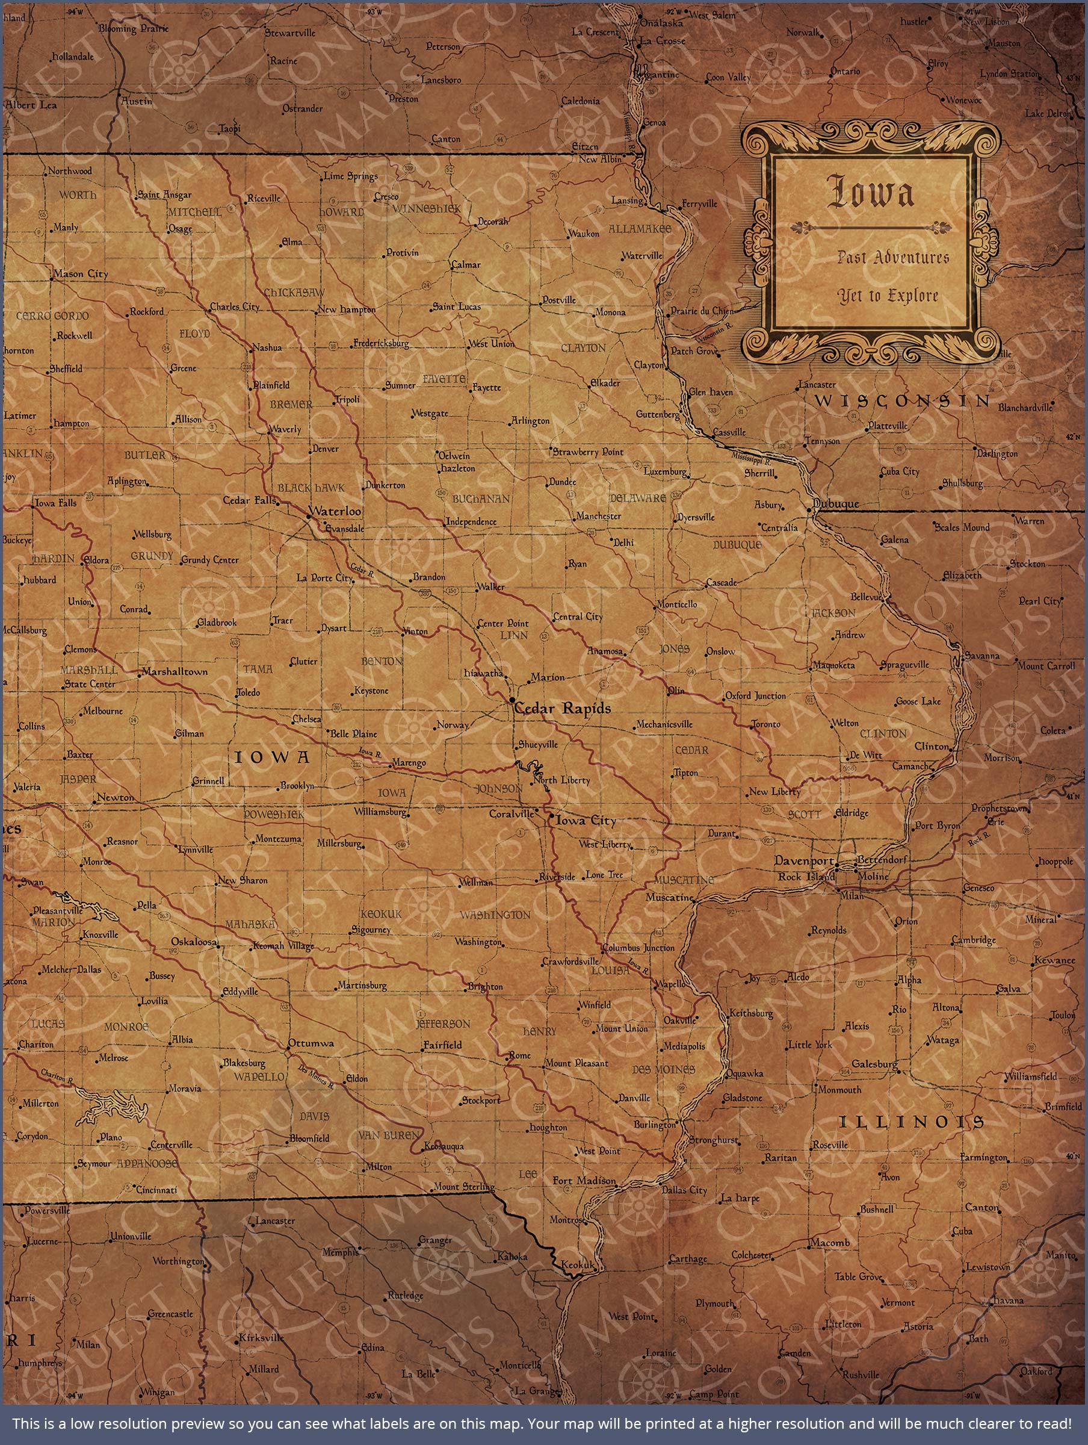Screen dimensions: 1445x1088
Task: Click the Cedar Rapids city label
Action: click(563, 708)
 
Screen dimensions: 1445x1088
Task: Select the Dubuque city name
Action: click(836, 504)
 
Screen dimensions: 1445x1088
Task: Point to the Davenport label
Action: click(804, 860)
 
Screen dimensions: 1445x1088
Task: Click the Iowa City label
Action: click(586, 821)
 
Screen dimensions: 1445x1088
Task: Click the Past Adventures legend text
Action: click(893, 256)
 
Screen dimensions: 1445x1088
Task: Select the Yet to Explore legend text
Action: click(888, 296)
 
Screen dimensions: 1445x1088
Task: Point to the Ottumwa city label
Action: click(311, 1043)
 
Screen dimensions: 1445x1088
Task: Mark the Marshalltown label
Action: click(175, 671)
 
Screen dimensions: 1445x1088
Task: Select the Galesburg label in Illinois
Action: click(875, 1064)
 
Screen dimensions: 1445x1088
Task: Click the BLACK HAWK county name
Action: click(311, 488)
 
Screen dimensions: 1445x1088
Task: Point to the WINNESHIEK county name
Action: click(427, 209)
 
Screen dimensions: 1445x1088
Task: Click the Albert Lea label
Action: click(31, 105)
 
